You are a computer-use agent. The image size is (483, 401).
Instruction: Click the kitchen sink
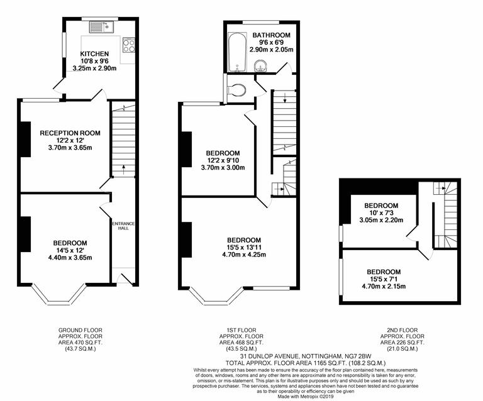point(99,26)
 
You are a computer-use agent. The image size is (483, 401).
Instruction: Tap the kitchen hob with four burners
point(128,46)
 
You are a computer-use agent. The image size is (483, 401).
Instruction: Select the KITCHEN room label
point(94,54)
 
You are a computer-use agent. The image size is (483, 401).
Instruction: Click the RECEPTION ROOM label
point(70,133)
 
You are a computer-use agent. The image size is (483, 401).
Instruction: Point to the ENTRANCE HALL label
point(123,226)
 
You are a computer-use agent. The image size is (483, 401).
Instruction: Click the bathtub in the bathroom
point(236,52)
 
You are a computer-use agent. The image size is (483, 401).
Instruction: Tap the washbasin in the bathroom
point(260,66)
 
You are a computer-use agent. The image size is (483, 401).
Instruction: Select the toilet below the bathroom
point(237,90)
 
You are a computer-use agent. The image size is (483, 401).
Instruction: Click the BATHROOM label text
point(272,35)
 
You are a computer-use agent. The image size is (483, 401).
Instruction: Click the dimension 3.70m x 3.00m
point(223,168)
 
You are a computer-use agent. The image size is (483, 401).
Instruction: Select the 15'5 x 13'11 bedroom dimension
point(244,248)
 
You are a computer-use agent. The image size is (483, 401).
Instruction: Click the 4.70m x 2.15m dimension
point(384,287)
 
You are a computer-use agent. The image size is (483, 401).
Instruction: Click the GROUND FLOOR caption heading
point(80,330)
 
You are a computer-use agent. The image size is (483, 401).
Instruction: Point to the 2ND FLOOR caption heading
point(402,330)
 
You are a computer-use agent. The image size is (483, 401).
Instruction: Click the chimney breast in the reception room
point(25,138)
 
